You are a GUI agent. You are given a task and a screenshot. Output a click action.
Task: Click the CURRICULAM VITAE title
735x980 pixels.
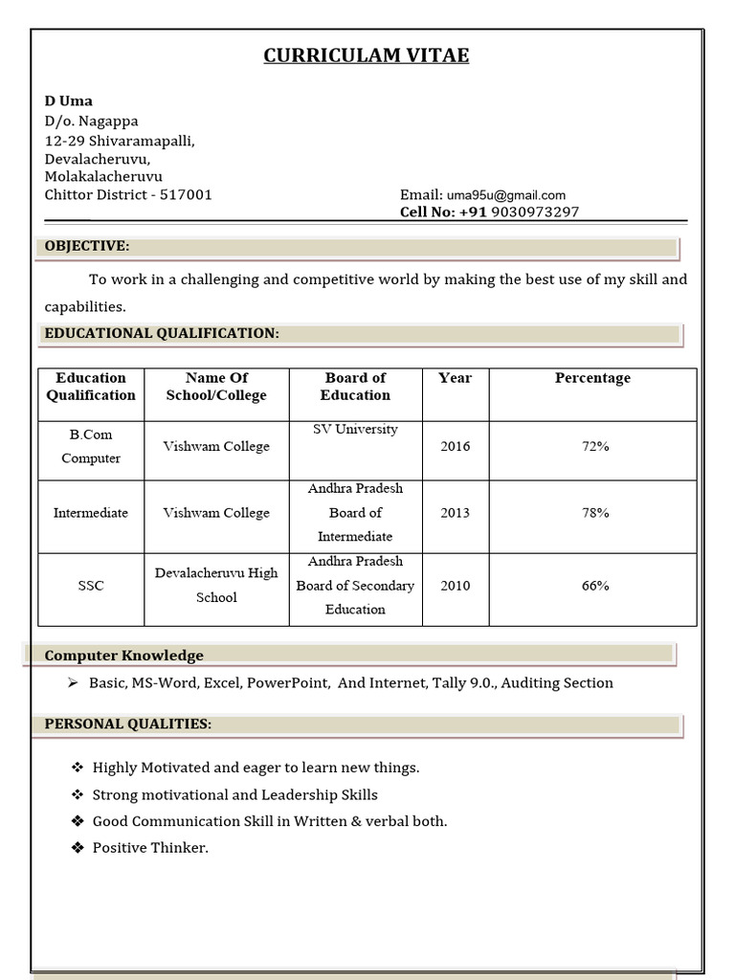367,56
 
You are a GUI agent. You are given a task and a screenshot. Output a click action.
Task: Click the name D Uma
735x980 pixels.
69,100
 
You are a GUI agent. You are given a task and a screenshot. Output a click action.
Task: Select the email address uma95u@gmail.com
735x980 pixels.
505,195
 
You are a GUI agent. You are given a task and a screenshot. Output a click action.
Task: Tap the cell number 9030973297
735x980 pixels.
534,212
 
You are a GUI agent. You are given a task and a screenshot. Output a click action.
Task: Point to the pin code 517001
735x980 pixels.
186,195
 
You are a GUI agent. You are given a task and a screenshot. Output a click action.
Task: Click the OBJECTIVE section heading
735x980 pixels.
87,246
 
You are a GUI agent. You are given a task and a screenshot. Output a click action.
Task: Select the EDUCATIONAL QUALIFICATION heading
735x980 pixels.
162,333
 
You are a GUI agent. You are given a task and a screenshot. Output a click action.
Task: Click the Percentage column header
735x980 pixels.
592,378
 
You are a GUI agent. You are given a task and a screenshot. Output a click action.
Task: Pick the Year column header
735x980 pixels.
455,378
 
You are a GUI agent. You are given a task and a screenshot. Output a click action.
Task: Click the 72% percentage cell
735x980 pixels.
595,447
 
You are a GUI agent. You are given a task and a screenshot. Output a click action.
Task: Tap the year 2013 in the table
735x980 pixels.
455,513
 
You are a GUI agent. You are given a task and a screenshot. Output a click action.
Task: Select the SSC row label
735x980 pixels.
91,586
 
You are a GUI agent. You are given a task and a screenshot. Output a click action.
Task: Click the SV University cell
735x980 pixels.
355,430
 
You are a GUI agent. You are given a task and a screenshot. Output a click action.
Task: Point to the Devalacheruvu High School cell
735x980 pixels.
216,585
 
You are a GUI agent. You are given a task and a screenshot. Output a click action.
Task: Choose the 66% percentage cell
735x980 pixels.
595,586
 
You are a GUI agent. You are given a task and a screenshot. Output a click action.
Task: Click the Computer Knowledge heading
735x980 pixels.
124,656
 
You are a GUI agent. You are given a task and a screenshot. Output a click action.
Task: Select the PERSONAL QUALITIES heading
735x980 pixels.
128,724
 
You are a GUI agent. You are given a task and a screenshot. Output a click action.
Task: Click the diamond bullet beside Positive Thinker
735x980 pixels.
78,848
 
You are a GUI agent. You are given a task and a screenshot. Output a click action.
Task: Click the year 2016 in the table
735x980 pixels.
455,447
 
